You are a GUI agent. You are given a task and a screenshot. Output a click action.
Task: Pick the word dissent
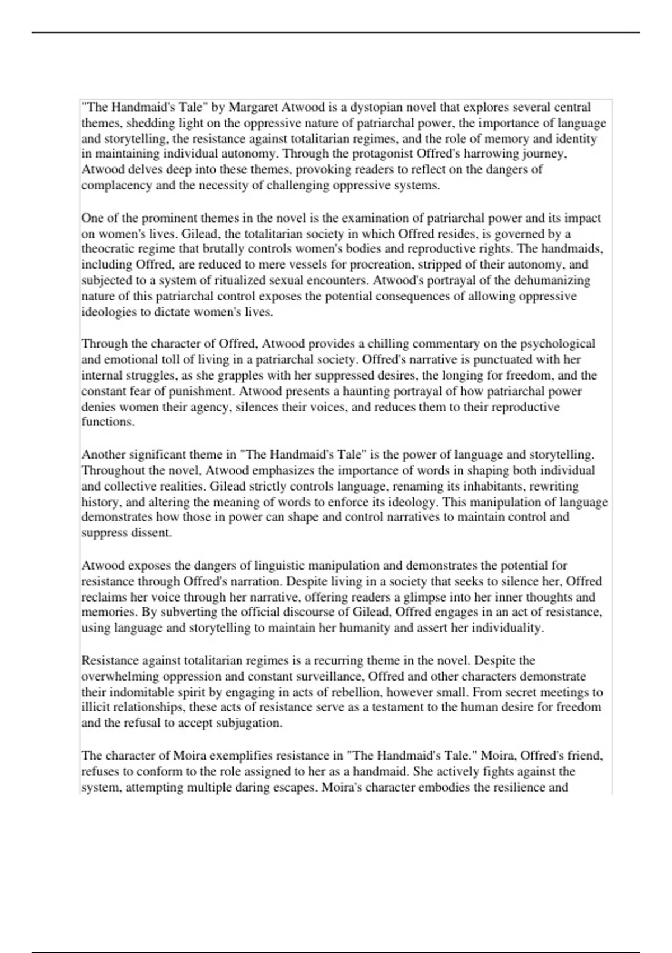pyautogui.click(x=151, y=533)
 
